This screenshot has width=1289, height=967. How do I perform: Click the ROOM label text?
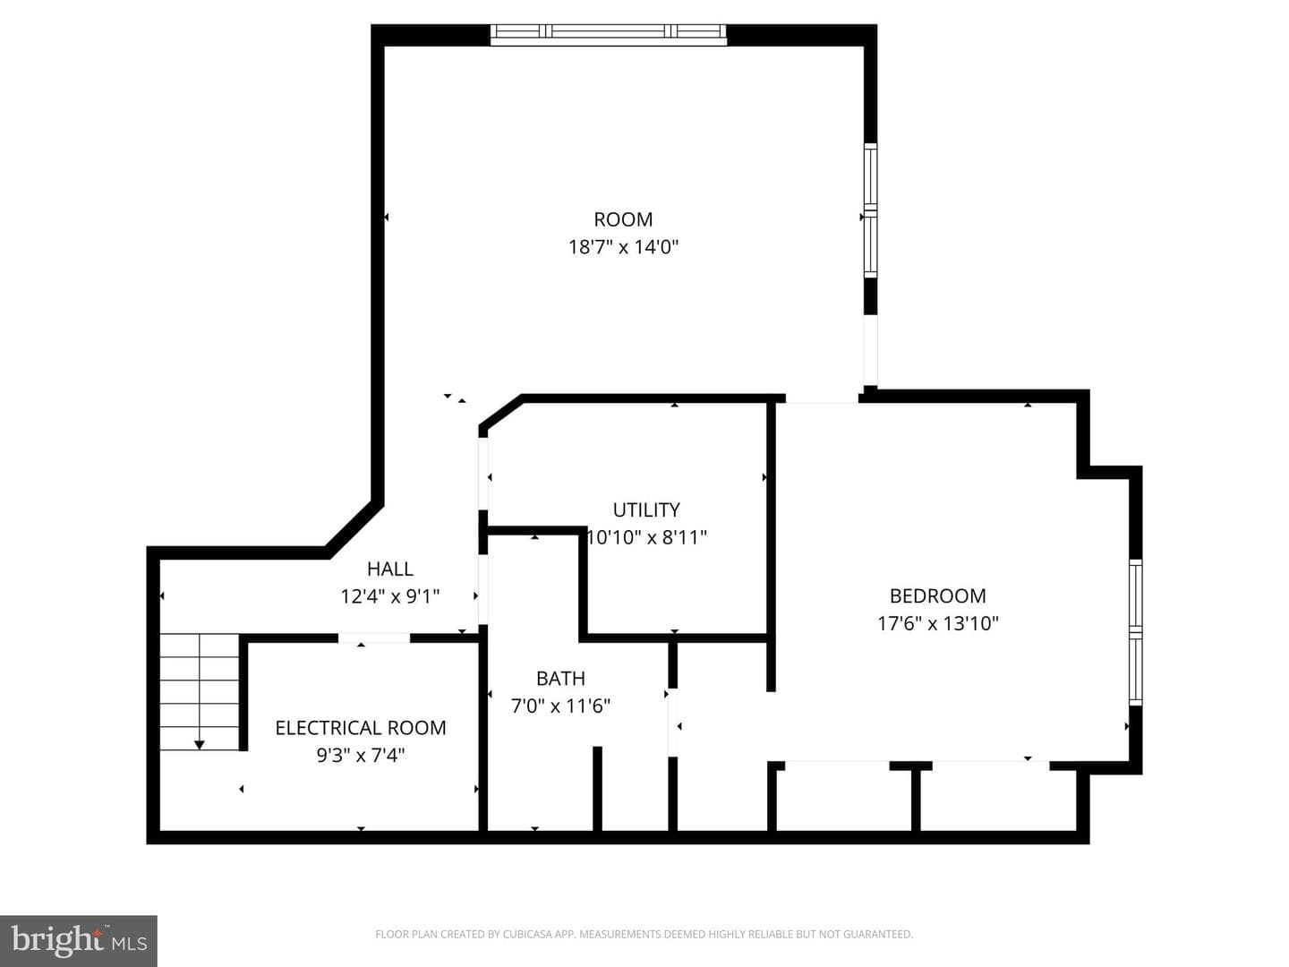point(623,219)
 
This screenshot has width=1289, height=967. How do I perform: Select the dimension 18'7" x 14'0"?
point(623,246)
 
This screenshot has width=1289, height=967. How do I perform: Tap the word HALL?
point(390,569)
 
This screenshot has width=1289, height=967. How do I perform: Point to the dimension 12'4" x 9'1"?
point(390,596)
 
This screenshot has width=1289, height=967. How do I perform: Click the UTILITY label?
point(646,509)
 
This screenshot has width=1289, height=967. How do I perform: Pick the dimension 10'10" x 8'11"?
point(647,537)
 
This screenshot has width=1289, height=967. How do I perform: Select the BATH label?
point(560,678)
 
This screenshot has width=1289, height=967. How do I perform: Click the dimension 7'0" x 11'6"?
point(560,706)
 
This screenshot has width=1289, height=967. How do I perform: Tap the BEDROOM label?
point(937,596)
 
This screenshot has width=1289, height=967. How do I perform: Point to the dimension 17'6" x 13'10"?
point(937,623)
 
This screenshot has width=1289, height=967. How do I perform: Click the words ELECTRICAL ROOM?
point(361,727)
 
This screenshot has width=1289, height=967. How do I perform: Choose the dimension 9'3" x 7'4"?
point(361,755)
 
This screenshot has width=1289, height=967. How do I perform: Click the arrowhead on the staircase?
point(199,745)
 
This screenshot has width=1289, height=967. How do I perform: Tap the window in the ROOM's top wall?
point(609,35)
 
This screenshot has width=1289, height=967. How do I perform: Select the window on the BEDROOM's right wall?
point(1136,632)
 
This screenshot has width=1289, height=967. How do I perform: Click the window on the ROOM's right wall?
point(870,210)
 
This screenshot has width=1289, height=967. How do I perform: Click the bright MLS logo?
point(79,940)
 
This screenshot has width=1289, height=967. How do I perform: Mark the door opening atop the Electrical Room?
point(373,638)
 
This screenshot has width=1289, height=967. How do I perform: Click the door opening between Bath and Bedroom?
point(673,723)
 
